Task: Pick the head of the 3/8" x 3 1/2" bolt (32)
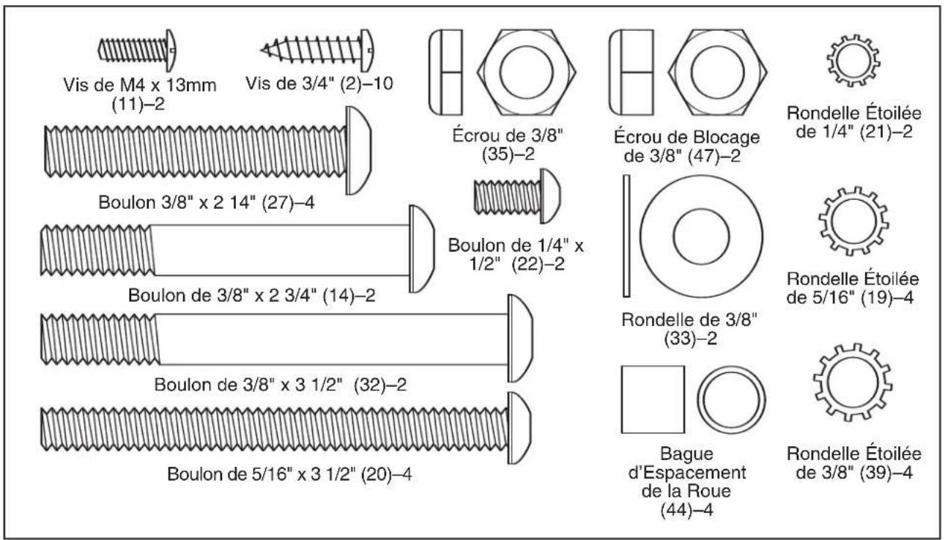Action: click(x=520, y=339)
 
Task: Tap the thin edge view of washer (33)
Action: click(x=626, y=236)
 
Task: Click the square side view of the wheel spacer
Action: click(x=652, y=399)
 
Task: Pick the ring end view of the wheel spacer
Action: click(x=726, y=399)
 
